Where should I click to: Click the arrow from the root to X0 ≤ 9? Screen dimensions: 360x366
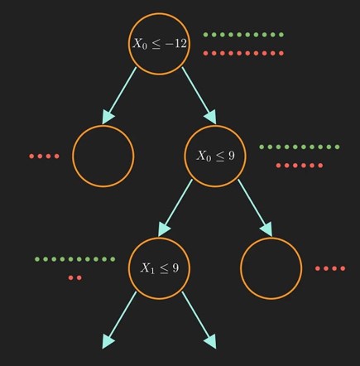coord(199,95)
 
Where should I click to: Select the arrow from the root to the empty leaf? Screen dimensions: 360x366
coord(119,95)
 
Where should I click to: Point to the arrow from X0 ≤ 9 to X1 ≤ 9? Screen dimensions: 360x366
coord(175,208)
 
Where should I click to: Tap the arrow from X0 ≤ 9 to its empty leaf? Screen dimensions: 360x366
coord(255,208)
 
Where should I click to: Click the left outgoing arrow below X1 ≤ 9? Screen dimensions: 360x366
coord(119,320)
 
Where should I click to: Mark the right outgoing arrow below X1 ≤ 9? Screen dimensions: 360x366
coord(199,320)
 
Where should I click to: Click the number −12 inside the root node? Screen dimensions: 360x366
coord(175,43)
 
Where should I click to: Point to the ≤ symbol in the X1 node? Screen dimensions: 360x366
coord(163,268)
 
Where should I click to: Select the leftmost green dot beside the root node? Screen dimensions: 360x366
coord(205,35)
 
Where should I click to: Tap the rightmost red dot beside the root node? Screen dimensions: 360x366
coord(281,53)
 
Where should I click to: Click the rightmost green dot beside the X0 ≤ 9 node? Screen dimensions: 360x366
coord(337,147)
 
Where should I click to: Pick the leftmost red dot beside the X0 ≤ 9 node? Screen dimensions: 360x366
coord(278,166)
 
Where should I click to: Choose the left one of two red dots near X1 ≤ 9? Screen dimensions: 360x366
coord(71,277)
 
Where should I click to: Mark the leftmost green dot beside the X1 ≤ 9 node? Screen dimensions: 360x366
coord(37,259)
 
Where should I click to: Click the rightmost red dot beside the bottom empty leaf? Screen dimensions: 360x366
coord(343,268)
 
